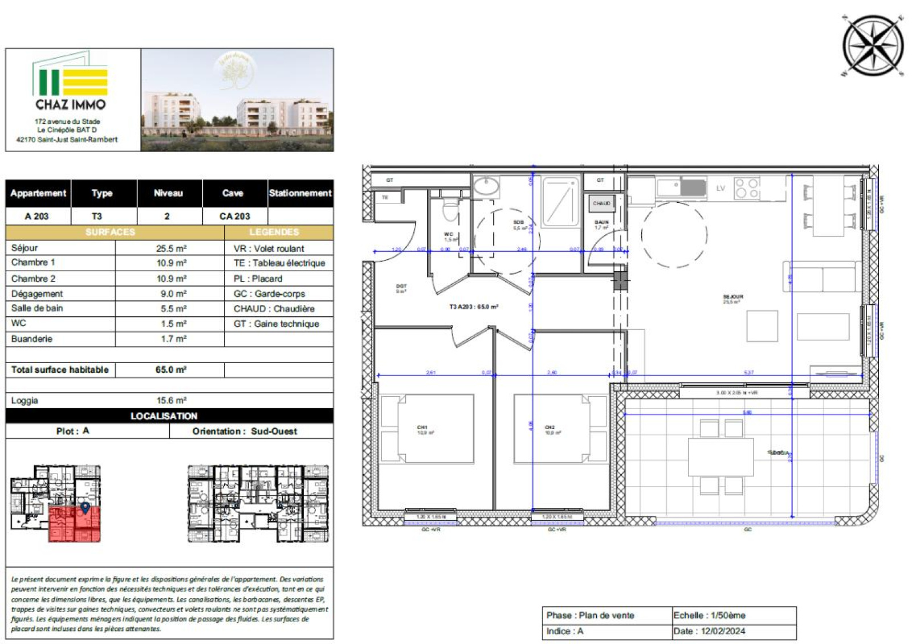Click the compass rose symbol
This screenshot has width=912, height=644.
pos(873,46)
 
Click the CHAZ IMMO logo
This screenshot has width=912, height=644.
pos(71,83)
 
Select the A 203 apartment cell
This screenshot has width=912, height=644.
pos(37,217)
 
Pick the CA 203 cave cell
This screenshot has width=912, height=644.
pos(234,217)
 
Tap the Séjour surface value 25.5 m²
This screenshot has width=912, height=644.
pos(172,248)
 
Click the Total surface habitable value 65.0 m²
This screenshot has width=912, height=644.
pos(170,370)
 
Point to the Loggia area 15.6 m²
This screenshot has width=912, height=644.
pos(172,401)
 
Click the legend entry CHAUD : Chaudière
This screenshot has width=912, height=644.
pos(274,309)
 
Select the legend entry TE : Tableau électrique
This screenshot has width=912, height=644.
pos(279,263)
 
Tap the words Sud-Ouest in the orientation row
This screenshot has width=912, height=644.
pos(274,431)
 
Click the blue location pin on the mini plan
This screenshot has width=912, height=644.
pos(85,507)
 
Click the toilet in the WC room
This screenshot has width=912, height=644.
pos(450,211)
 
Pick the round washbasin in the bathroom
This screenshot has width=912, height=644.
pos(486,186)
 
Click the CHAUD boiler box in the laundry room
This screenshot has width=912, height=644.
pos(601,203)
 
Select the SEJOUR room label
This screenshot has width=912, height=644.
pos(733,297)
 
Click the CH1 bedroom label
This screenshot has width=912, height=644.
pos(422,428)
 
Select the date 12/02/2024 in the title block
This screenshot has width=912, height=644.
pos(723,631)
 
